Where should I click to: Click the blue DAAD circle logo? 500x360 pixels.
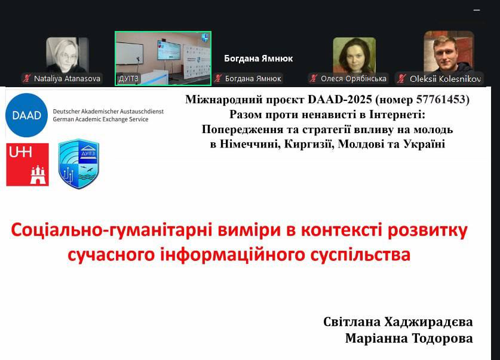[26, 115]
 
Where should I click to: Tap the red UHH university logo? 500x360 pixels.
[27, 164]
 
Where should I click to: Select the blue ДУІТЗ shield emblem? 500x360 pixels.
[79, 164]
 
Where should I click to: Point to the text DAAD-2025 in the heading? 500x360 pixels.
[339, 99]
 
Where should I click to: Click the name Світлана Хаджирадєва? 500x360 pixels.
[398, 322]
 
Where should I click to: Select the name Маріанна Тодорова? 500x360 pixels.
[409, 338]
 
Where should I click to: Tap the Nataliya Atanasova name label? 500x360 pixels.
[67, 78]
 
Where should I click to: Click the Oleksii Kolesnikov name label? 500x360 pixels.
[445, 79]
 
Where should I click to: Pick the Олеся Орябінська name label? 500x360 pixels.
[353, 78]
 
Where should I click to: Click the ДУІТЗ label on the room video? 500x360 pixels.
[128, 79]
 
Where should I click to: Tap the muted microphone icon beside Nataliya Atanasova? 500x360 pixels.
[27, 78]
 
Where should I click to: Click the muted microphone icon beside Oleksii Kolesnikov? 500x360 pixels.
[401, 78]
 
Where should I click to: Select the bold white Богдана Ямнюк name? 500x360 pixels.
[258, 59]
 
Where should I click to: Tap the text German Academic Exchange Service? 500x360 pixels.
[100, 119]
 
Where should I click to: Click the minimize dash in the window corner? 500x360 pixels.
[477, 10]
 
